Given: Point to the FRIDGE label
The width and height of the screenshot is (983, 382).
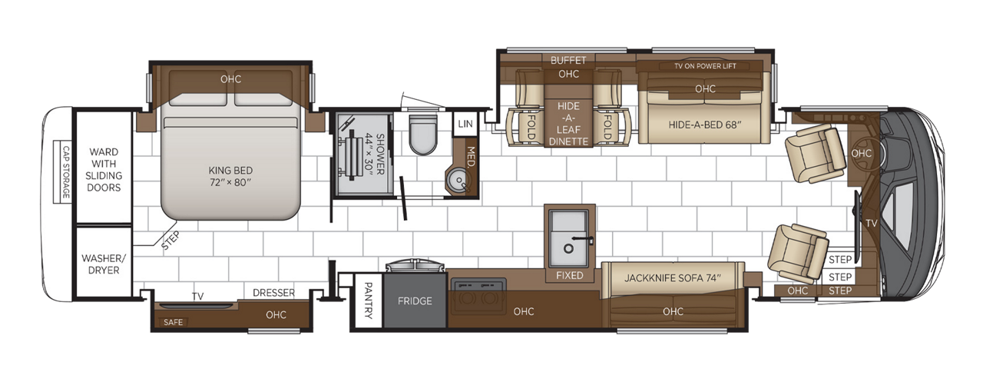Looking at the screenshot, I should [414, 301].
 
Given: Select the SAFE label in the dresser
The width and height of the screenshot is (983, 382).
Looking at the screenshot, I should [174, 321].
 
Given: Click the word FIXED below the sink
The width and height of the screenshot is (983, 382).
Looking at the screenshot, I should [569, 275].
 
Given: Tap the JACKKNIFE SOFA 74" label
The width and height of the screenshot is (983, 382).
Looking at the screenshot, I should [673, 277].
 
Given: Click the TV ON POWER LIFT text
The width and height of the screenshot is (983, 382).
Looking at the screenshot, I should [704, 66].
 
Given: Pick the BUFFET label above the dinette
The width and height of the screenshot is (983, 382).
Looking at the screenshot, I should [568, 60].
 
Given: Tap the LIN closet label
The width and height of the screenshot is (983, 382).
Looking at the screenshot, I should [464, 124].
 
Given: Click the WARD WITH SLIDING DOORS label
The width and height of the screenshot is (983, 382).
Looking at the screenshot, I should [104, 170].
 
